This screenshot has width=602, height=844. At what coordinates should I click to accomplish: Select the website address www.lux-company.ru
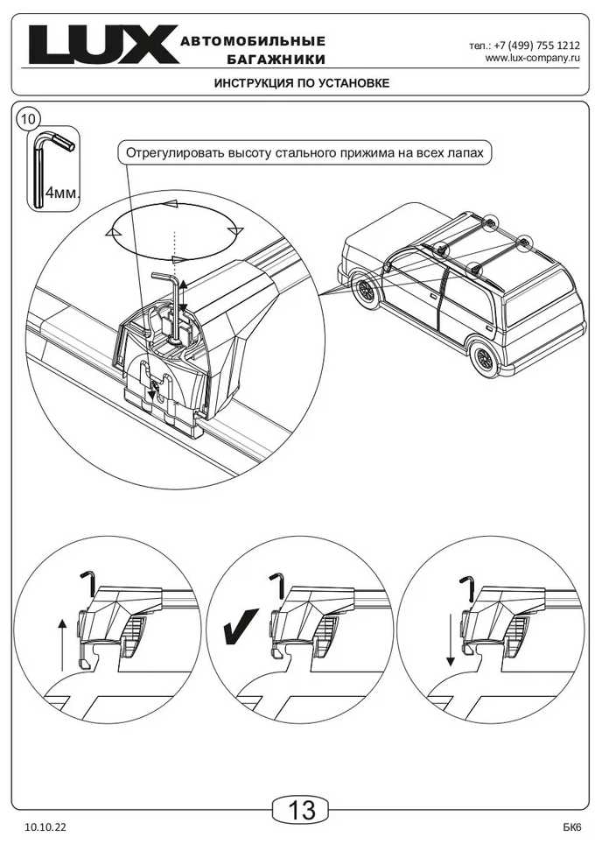tap(532, 58)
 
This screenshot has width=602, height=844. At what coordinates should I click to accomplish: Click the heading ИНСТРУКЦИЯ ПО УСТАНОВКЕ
tap(301, 83)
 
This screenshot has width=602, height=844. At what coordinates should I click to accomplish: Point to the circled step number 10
tap(29, 118)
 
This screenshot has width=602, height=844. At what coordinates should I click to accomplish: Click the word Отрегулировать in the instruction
tap(171, 153)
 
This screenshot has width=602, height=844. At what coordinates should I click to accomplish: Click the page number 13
tap(301, 811)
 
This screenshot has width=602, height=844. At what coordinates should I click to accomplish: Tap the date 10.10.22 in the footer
tap(45, 826)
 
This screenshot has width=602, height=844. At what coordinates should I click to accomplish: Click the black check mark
tap(238, 628)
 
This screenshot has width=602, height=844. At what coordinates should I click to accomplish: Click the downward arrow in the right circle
tap(450, 642)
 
